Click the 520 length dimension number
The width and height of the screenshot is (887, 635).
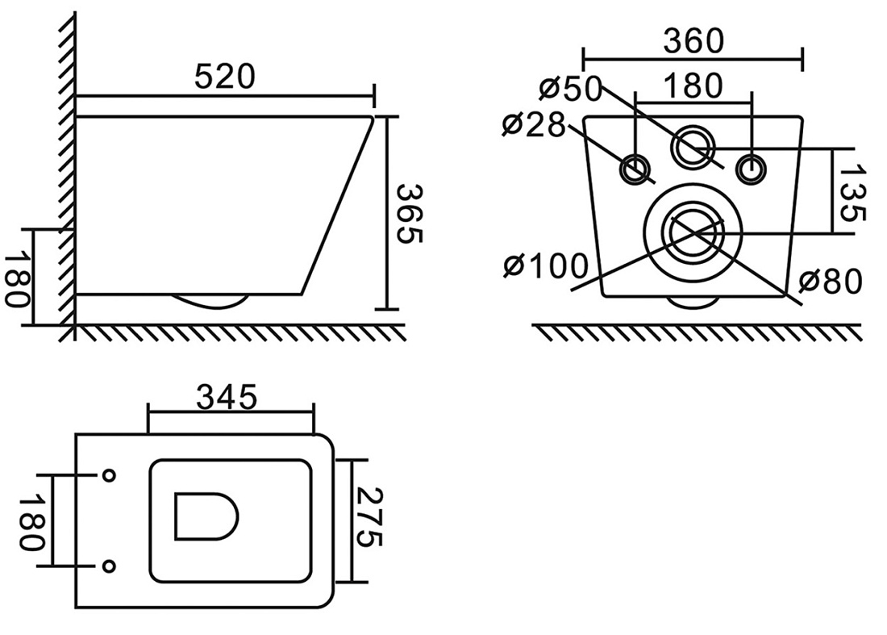coord(225,77)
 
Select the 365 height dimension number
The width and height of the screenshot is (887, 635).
coord(409,213)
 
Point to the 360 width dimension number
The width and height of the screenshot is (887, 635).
coord(693,41)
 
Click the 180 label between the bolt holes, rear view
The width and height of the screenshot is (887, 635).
coord(693,86)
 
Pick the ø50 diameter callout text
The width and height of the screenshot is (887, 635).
coord(569,88)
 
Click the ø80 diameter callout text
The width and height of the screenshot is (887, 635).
coord(830,282)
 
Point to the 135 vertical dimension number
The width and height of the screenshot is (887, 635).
coord(852,193)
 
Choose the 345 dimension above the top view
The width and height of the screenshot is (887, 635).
coord(227,397)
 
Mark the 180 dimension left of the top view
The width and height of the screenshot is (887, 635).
coord(31,523)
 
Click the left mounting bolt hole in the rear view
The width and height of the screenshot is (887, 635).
coord(636,169)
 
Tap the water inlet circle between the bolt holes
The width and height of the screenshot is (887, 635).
coord(693,146)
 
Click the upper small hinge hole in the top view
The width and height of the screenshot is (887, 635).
coord(109,475)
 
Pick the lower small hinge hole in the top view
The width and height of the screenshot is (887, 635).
coord(109,566)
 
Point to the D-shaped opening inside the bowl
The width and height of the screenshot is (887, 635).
coord(206,516)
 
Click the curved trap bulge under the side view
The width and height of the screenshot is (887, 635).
coord(210,302)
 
